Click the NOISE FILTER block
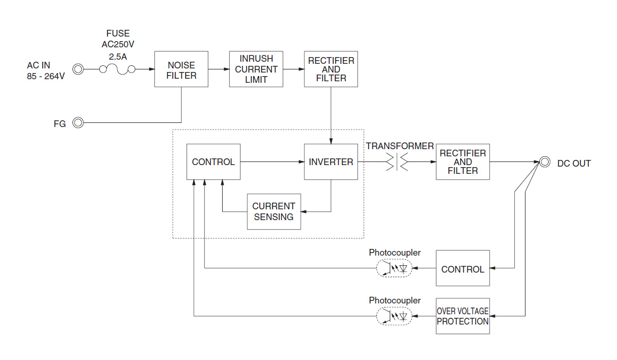(182, 69)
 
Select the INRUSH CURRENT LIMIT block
(256, 69)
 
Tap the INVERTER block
(331, 162)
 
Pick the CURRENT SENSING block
(274, 211)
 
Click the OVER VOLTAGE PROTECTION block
(463, 316)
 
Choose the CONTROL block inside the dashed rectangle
(213, 162)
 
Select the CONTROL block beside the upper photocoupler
(463, 268)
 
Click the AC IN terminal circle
(78, 69)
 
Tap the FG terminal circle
(78, 123)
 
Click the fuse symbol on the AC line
(117, 69)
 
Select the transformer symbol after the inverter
(396, 162)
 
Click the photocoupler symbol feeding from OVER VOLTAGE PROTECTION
(394, 316)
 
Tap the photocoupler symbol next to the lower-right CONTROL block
(394, 268)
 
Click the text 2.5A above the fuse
(118, 55)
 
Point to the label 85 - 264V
(46, 76)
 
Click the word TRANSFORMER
(400, 146)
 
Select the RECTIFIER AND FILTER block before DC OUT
(463, 162)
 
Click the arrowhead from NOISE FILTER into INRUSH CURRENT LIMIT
(226, 69)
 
